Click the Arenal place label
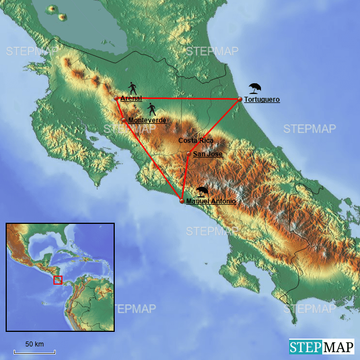[x=131, y=98]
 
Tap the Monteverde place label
[x=147, y=120]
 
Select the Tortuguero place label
[x=262, y=100]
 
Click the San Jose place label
[x=208, y=154]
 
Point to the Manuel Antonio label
[x=211, y=201]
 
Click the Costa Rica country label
[x=195, y=140]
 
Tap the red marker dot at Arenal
[x=116, y=98]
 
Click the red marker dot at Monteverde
[x=124, y=120]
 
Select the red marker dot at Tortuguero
[x=240, y=100]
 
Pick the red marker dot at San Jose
[x=189, y=153]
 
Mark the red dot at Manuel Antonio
[x=182, y=201]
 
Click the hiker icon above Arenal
[x=133, y=88]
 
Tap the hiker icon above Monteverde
[x=151, y=109]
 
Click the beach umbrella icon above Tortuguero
[x=255, y=88]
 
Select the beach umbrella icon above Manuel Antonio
[x=202, y=191]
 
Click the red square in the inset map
[x=57, y=280]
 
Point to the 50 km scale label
[x=34, y=344]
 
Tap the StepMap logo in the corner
[x=322, y=346]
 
